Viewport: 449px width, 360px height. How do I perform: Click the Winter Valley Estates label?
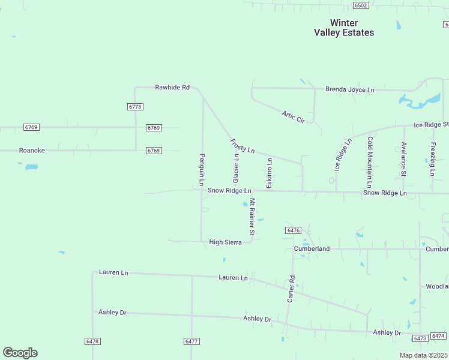[x=344, y=28]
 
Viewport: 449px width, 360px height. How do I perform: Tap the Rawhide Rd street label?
[x=172, y=88]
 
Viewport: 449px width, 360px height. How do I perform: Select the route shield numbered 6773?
[x=136, y=106]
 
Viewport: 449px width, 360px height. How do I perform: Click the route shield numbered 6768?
[x=154, y=151]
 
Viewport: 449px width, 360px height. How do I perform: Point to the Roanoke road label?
[x=32, y=151]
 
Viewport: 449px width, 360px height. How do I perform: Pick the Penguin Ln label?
[x=202, y=169]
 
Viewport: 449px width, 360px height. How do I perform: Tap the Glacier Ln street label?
[x=236, y=169]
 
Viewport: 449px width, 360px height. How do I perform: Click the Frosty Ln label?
[x=243, y=146]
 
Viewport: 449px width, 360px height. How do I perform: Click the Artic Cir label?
[x=294, y=116]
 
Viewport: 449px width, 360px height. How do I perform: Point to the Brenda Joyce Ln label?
[x=349, y=90]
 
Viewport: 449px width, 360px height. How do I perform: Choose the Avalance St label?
[x=404, y=160]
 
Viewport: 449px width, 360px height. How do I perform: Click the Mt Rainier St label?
[x=253, y=217]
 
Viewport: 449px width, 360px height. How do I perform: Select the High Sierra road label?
[x=225, y=242]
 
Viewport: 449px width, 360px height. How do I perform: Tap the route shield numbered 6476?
[x=293, y=230]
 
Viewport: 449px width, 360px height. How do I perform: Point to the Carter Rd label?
[x=292, y=289]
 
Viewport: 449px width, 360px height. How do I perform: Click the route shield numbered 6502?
[x=361, y=5]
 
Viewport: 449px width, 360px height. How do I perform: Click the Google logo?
[x=20, y=353]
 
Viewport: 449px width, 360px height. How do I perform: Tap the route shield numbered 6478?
[x=92, y=341]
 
